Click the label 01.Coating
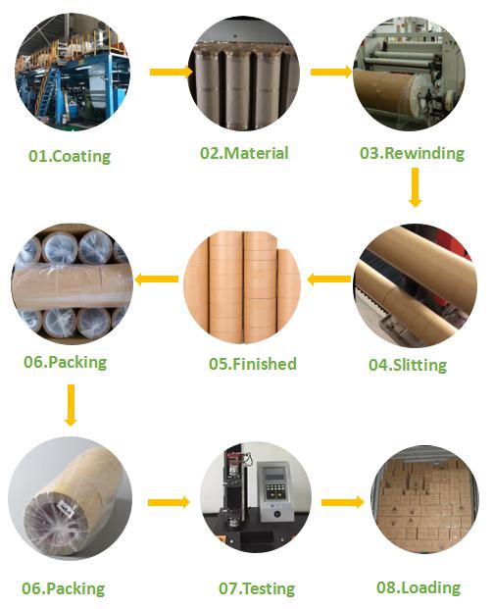[x=69, y=156]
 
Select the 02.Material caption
[x=245, y=154]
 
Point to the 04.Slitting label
[x=407, y=365]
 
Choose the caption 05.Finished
[x=252, y=364]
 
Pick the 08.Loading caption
[x=418, y=587]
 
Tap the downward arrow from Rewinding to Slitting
[x=415, y=186]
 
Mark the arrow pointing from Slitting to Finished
[x=329, y=279]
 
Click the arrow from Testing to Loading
[x=342, y=502]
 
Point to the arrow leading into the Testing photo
[x=169, y=502]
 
